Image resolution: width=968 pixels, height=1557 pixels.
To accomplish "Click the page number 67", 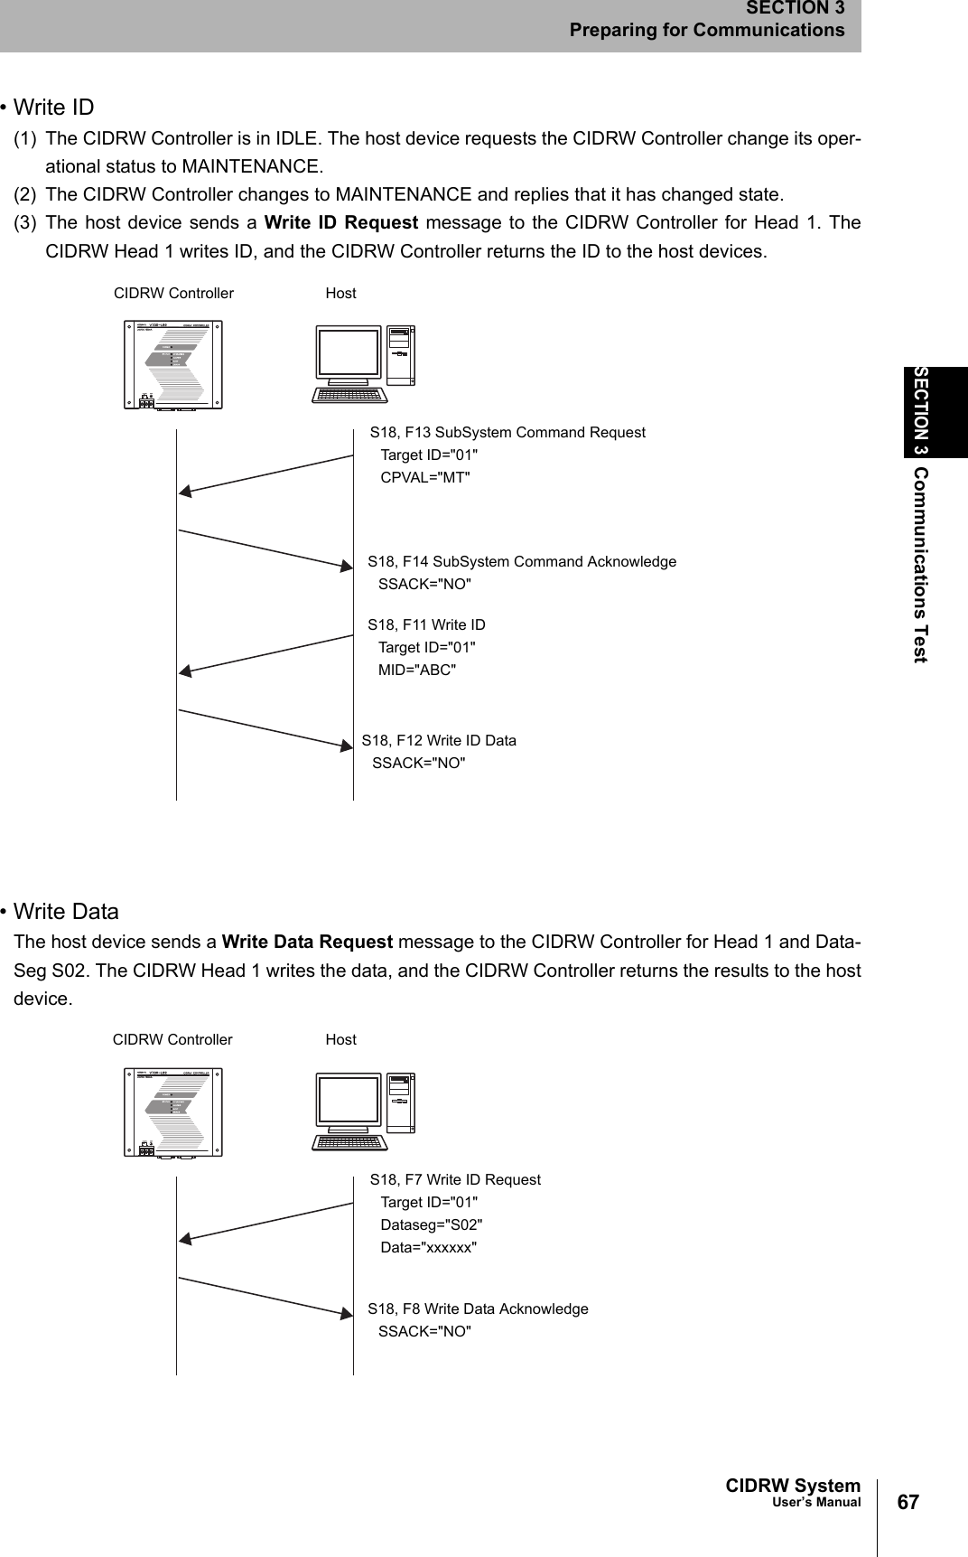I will pyautogui.click(x=907, y=1502).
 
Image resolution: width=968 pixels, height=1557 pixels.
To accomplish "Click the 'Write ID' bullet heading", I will pyautogui.click(x=53, y=108).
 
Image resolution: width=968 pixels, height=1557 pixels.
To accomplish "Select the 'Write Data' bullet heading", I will pyautogui.click(x=66, y=911).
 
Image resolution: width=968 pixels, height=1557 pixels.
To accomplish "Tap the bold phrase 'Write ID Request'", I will pyautogui.click(x=341, y=222).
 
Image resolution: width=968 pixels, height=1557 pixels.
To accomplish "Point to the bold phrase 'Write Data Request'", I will pyautogui.click(x=307, y=942).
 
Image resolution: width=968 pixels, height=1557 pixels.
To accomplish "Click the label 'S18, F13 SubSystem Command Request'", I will pyautogui.click(x=507, y=432).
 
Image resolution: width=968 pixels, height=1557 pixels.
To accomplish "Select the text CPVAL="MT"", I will pyautogui.click(x=425, y=477).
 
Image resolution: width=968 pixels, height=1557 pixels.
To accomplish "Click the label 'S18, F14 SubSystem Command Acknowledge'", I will pyautogui.click(x=522, y=561).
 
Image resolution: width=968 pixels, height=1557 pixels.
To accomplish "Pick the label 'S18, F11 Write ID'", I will pyautogui.click(x=426, y=624).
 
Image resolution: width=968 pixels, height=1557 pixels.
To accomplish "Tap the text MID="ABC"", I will pyautogui.click(x=417, y=670).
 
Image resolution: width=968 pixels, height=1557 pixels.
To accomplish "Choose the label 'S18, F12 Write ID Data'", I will pyautogui.click(x=439, y=740).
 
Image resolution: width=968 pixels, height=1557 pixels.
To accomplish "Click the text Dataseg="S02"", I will pyautogui.click(x=432, y=1224).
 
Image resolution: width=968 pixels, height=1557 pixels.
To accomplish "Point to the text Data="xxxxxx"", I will pyautogui.click(x=429, y=1247).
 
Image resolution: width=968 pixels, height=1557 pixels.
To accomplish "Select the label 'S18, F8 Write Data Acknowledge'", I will pyautogui.click(x=478, y=1308).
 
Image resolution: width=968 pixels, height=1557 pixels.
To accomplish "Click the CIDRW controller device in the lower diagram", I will pyautogui.click(x=173, y=1112).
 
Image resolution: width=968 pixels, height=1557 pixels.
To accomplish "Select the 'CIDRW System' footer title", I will pyautogui.click(x=793, y=1486).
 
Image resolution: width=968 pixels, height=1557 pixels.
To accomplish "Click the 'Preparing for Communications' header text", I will pyautogui.click(x=706, y=30).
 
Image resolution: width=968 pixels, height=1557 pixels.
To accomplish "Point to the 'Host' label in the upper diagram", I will pyautogui.click(x=340, y=293).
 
